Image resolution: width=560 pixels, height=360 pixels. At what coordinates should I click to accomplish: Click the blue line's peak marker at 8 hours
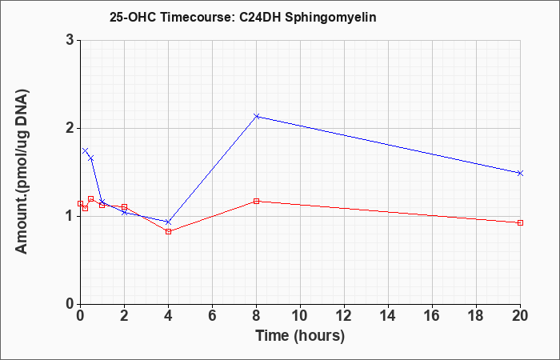tap(256, 116)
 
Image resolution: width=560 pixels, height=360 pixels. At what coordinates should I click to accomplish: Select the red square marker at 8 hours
tap(256, 201)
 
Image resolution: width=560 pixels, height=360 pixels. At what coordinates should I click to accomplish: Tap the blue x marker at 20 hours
tap(520, 173)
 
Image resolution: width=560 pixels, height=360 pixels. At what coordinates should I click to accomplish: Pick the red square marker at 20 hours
tap(520, 222)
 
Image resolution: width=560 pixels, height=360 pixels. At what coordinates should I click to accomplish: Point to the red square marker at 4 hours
tap(168, 231)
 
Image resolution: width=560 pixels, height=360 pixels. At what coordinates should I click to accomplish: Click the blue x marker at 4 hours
tap(168, 222)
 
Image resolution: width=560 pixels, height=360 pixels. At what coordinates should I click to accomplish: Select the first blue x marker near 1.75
tap(85, 150)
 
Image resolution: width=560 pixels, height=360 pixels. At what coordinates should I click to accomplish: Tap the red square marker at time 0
tap(80, 203)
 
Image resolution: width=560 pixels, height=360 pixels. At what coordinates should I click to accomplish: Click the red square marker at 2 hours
tap(124, 206)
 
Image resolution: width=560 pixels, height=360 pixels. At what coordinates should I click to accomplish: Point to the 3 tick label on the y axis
tap(70, 40)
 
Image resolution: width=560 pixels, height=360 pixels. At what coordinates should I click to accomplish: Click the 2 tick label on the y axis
tap(70, 128)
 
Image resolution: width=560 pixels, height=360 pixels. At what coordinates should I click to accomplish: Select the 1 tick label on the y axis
tap(70, 216)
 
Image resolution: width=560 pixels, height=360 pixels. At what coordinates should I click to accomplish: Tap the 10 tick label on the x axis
tap(300, 316)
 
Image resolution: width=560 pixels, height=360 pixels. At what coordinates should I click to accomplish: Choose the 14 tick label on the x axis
tap(388, 316)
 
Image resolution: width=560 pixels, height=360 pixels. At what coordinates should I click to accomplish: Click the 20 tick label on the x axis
tap(520, 316)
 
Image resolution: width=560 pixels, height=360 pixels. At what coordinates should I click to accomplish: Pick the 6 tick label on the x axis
tap(212, 316)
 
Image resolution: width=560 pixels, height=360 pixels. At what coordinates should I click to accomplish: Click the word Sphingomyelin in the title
tap(330, 18)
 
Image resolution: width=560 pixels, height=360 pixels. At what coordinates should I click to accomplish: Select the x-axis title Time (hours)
tap(300, 336)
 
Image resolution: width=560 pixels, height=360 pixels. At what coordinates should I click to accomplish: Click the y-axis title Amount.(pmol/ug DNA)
tap(22, 172)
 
